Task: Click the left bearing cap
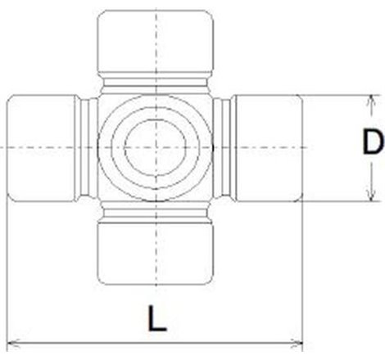[41, 147]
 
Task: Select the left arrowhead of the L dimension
[11, 343]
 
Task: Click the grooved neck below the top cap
[156, 84]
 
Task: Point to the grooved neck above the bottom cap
[156, 210]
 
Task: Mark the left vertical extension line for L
[7, 270]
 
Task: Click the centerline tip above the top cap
[156, 7]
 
